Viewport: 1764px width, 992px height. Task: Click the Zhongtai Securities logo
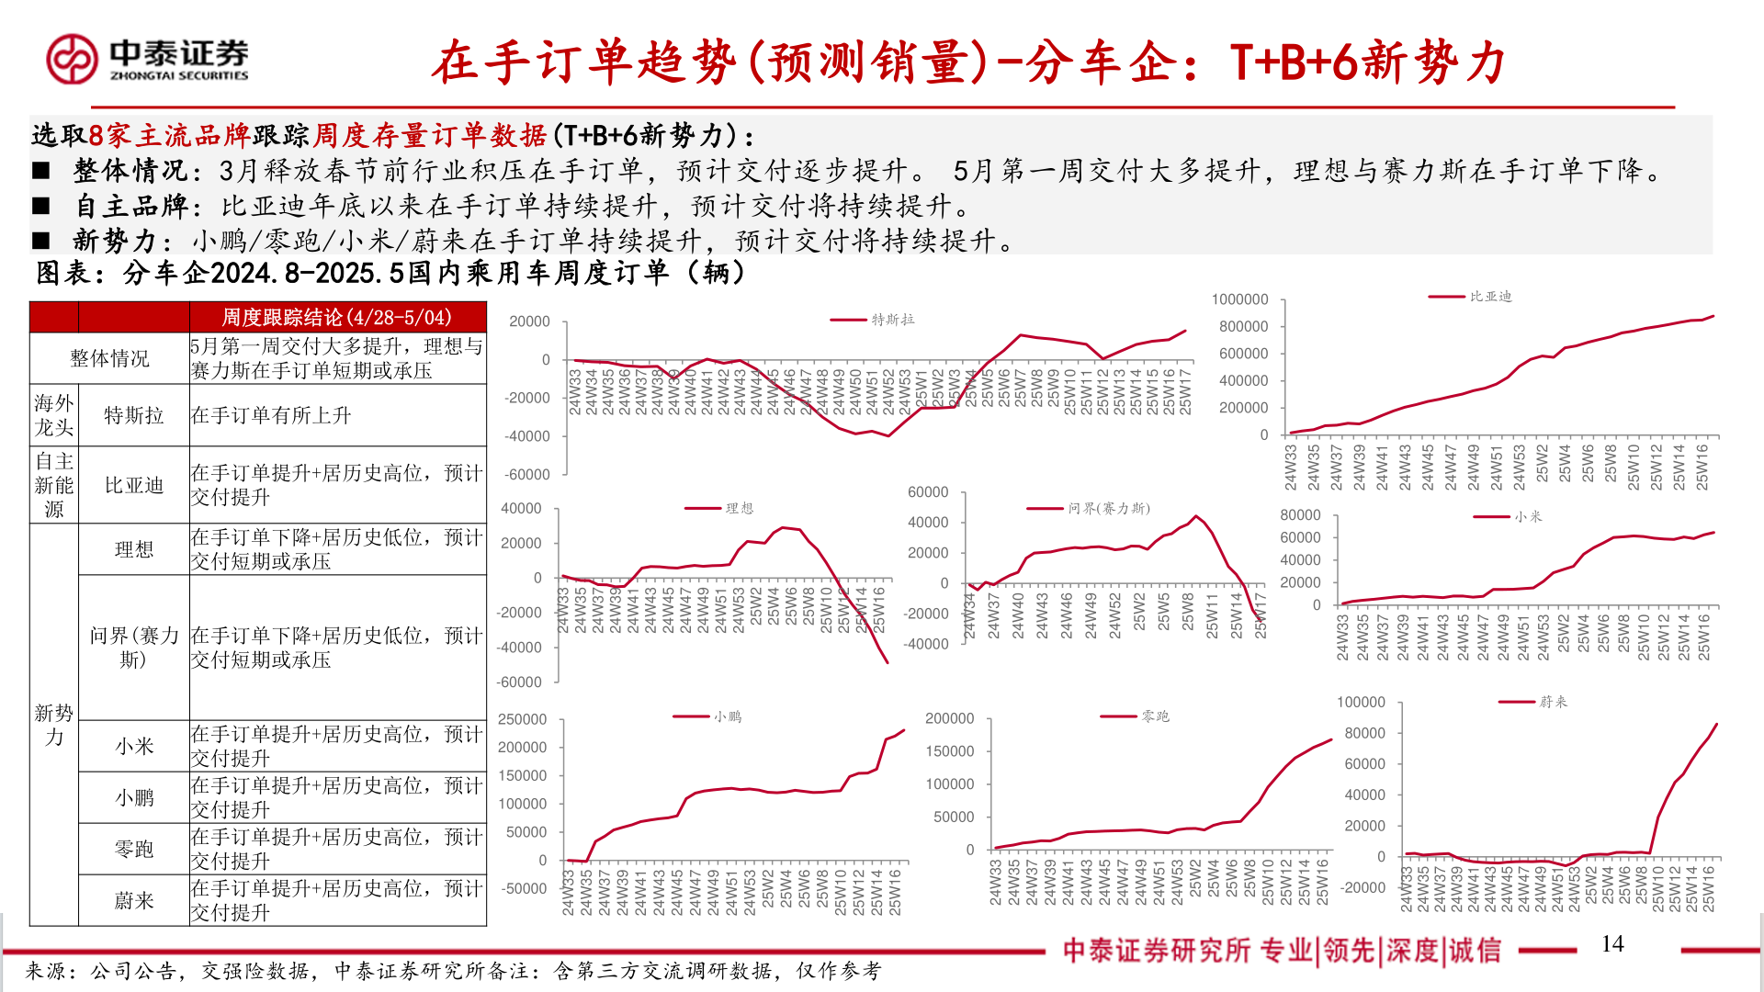point(147,59)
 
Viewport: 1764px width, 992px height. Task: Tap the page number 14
point(1611,944)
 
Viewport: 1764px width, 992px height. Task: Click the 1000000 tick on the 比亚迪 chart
point(1239,299)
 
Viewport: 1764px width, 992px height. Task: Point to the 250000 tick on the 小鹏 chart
point(522,719)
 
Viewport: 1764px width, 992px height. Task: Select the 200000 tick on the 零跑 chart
point(949,718)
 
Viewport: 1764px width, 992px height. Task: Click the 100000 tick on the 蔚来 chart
point(1361,702)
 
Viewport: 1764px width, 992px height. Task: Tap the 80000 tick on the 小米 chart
point(1300,515)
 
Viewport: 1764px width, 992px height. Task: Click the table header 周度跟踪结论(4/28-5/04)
point(336,318)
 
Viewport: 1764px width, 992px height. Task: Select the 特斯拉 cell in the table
point(134,415)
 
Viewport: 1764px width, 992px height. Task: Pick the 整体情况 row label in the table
point(109,358)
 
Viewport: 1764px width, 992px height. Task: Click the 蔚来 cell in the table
point(134,901)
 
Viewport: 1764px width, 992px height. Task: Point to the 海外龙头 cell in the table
point(54,415)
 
